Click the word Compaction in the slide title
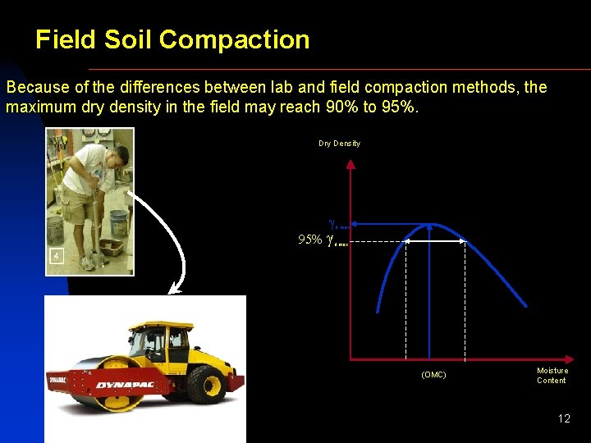point(235,40)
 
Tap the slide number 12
point(563,418)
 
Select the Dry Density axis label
point(339,144)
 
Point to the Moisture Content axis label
point(552,375)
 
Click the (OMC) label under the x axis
point(433,375)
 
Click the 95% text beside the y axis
point(309,240)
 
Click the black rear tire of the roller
point(205,385)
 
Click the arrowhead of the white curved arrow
point(172,289)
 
